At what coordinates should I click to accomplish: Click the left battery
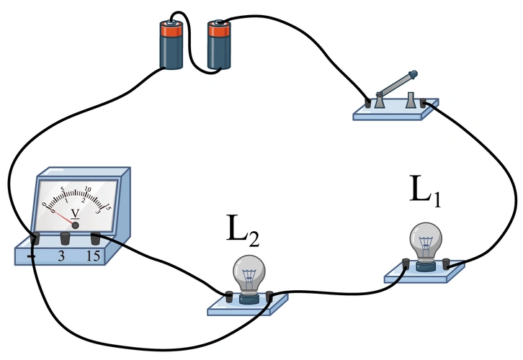[x=173, y=47]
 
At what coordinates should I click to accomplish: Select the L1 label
[x=425, y=190]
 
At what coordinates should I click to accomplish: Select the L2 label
[x=241, y=230]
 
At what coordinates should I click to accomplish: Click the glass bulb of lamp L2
[x=249, y=274]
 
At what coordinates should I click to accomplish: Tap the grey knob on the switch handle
[x=412, y=73]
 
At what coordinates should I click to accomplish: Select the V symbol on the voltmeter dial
[x=74, y=213]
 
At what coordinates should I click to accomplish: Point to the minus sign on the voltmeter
[x=32, y=256]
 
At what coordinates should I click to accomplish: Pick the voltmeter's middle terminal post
[x=64, y=238]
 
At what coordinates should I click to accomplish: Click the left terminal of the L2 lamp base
[x=229, y=296]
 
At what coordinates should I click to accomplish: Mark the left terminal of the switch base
[x=370, y=103]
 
